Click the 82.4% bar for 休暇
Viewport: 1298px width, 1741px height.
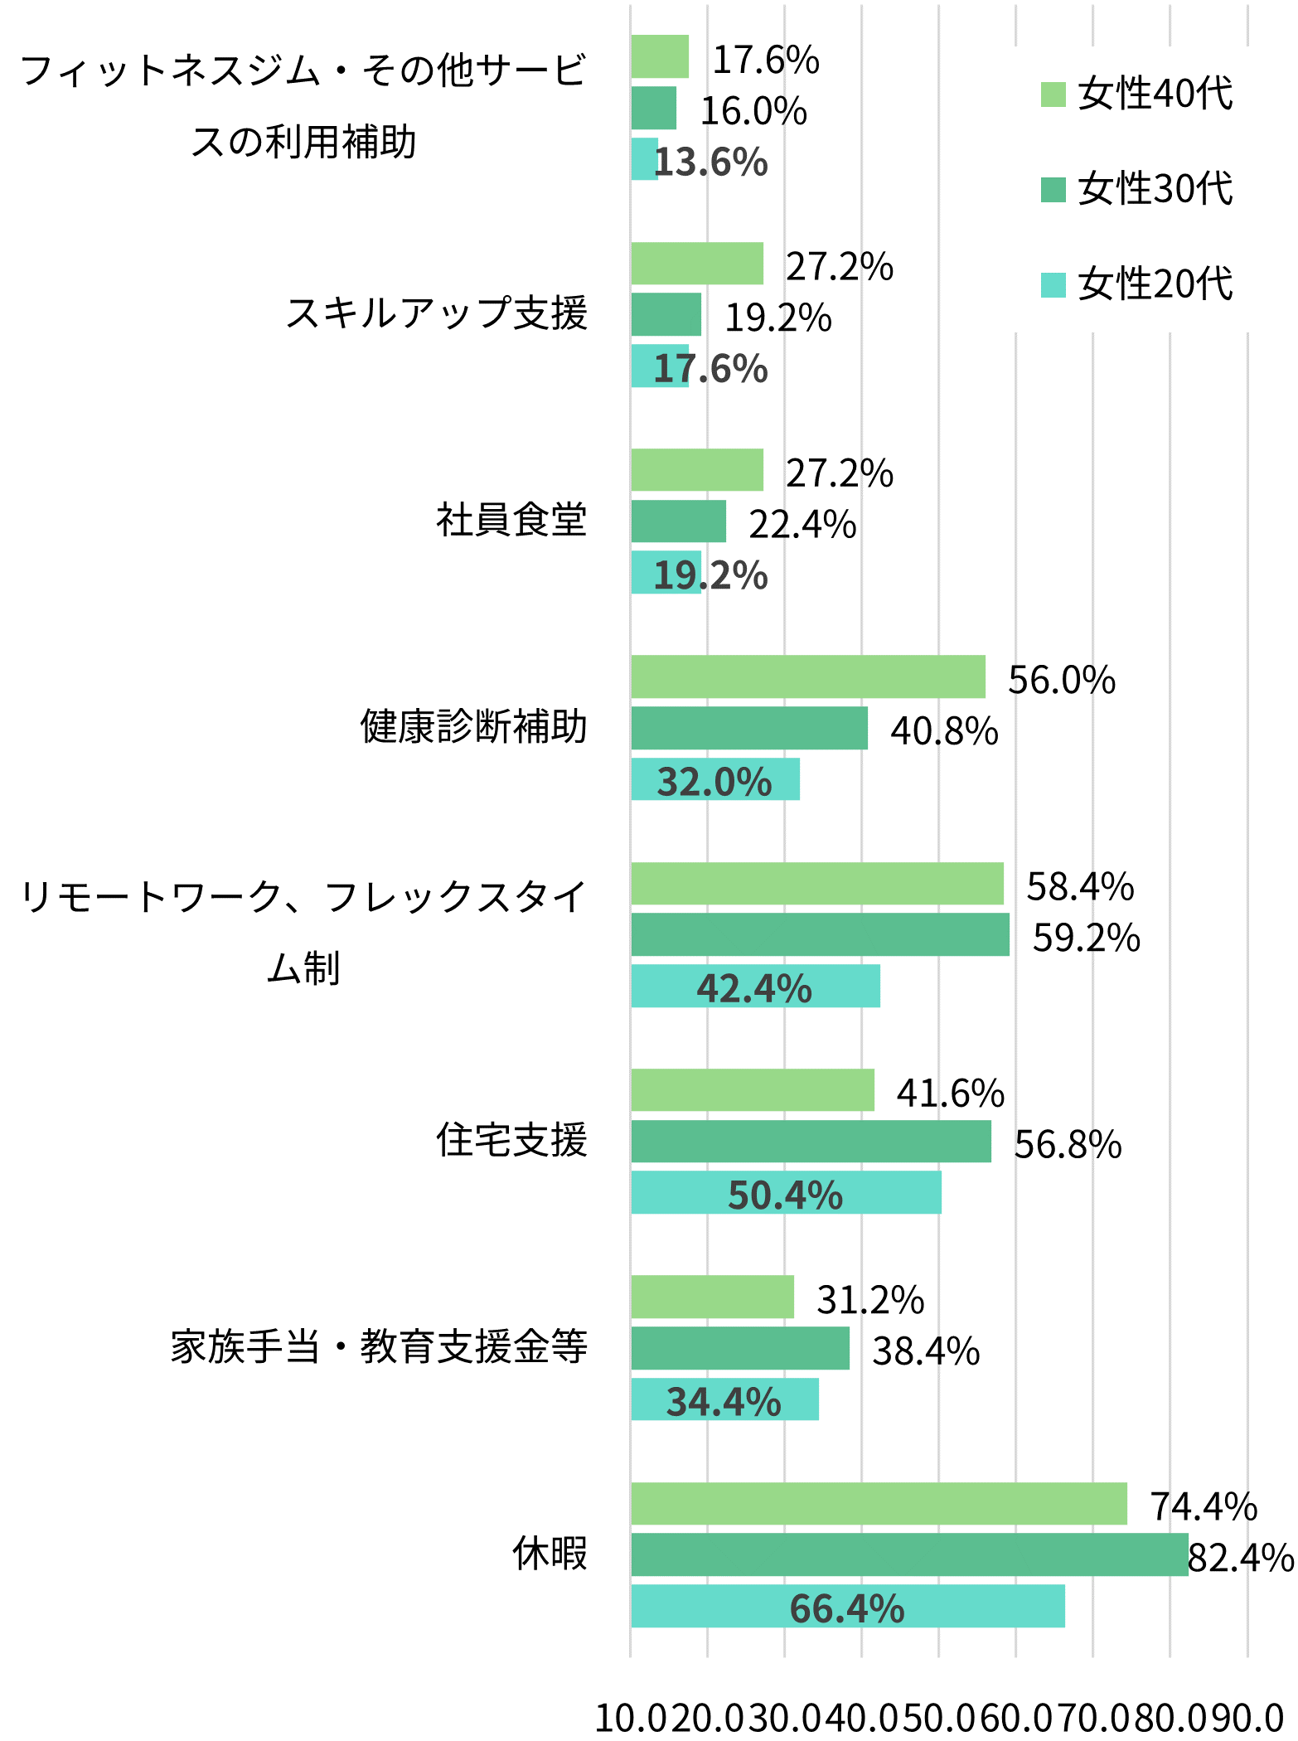(908, 1554)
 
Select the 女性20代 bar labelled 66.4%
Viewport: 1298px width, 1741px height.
(847, 1606)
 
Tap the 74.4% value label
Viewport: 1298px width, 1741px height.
(1203, 1506)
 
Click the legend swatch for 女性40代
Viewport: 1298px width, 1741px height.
(1053, 95)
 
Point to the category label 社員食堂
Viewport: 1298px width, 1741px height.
(511, 521)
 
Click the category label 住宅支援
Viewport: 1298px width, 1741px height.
(511, 1140)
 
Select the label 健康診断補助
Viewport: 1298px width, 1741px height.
(473, 727)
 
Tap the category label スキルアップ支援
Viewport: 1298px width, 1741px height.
(436, 314)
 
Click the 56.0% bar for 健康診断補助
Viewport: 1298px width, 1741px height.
(807, 677)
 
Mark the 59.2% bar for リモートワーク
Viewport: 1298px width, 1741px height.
(819, 934)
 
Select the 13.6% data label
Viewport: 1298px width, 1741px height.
(711, 162)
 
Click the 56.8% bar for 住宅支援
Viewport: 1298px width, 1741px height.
(810, 1142)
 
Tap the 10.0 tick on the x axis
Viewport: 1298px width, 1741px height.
(632, 1719)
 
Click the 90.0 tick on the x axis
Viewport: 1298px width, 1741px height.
(1249, 1719)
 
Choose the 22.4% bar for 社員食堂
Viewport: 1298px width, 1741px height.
(677, 521)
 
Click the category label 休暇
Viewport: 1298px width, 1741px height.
(549, 1554)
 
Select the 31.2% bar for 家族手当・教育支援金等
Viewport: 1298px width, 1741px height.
(711, 1297)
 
